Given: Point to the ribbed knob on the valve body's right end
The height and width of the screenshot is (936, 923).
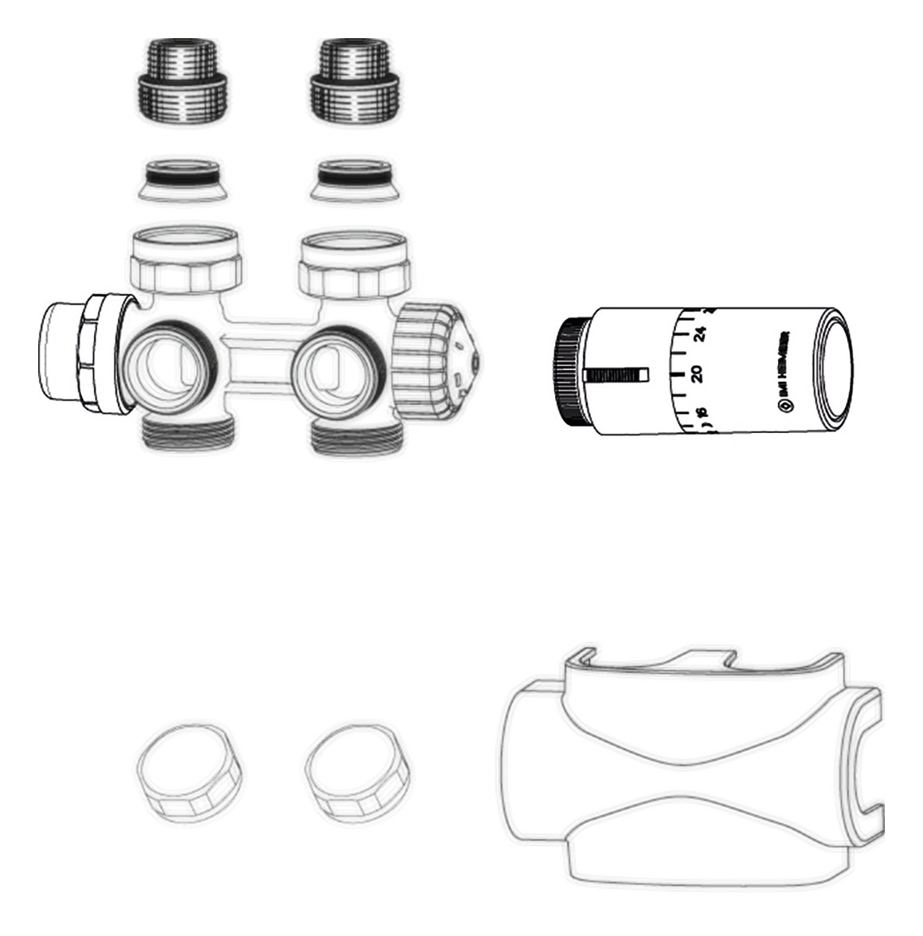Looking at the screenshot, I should point(434,358).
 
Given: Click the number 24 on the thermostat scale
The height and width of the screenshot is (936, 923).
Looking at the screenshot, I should point(701,334).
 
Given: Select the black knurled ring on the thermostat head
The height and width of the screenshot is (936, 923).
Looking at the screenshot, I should point(571,372).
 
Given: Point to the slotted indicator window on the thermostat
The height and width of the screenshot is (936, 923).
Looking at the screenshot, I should point(617,374).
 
